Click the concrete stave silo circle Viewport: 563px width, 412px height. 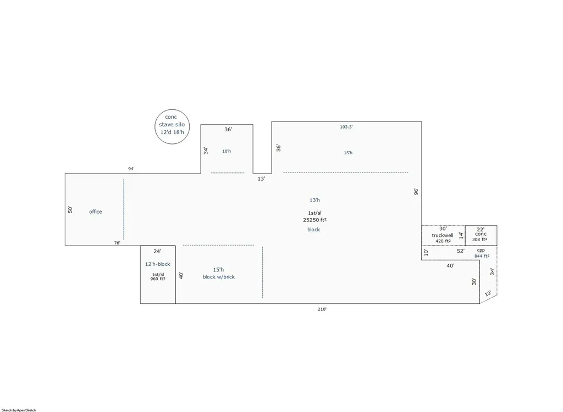(x=154, y=127)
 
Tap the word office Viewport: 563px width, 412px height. (x=96, y=211)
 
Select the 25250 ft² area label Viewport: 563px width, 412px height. (x=315, y=220)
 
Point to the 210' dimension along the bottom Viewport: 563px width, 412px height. (x=322, y=309)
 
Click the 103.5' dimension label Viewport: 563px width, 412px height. (x=346, y=127)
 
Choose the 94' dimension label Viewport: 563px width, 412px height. (x=131, y=169)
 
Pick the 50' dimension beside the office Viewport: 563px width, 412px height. (x=70, y=210)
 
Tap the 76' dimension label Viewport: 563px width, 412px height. (x=117, y=243)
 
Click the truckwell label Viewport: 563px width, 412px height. (x=443, y=236)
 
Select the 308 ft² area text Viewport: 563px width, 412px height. (x=479, y=240)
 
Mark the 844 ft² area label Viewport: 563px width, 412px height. (x=482, y=256)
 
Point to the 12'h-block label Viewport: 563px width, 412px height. (x=158, y=264)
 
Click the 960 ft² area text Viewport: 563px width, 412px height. (x=158, y=279)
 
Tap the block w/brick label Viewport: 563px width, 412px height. (x=219, y=277)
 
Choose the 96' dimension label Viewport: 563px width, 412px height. (x=416, y=191)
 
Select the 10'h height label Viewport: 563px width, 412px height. (x=227, y=151)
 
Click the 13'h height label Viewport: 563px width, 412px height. (x=314, y=201)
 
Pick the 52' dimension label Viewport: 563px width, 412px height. (x=461, y=251)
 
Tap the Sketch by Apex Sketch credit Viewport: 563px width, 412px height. (x=19, y=410)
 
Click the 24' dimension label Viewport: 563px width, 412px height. (x=157, y=252)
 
